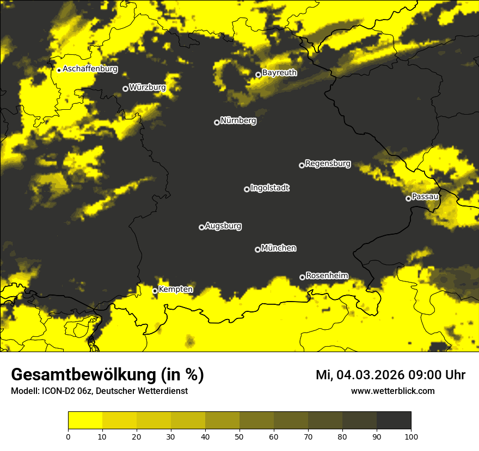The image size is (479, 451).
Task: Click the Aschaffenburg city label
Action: [90, 69]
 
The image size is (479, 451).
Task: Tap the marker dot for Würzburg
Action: [125, 89]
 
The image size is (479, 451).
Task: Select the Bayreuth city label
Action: [279, 72]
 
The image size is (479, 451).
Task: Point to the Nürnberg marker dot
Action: [217, 122]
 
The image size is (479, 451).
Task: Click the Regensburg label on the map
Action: [328, 163]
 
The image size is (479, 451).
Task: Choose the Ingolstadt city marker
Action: [247, 189]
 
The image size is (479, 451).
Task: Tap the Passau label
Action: [425, 196]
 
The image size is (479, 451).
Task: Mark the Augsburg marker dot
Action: [201, 227]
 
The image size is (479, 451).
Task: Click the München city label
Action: [279, 248]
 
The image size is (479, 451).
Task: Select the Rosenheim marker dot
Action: [303, 278]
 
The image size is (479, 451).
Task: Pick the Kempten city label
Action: [175, 289]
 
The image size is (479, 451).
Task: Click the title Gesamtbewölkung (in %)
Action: [107, 375]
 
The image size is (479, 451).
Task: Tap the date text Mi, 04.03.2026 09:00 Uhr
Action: [390, 375]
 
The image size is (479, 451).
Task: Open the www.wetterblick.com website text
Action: [392, 391]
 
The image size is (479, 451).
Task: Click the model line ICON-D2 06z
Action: [99, 391]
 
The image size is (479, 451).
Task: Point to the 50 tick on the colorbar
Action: [239, 436]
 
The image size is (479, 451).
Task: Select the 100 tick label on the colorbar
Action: [410, 436]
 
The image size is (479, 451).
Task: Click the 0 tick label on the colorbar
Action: [69, 436]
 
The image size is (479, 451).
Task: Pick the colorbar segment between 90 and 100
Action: [394, 421]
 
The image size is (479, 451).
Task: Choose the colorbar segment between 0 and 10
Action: [85, 421]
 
